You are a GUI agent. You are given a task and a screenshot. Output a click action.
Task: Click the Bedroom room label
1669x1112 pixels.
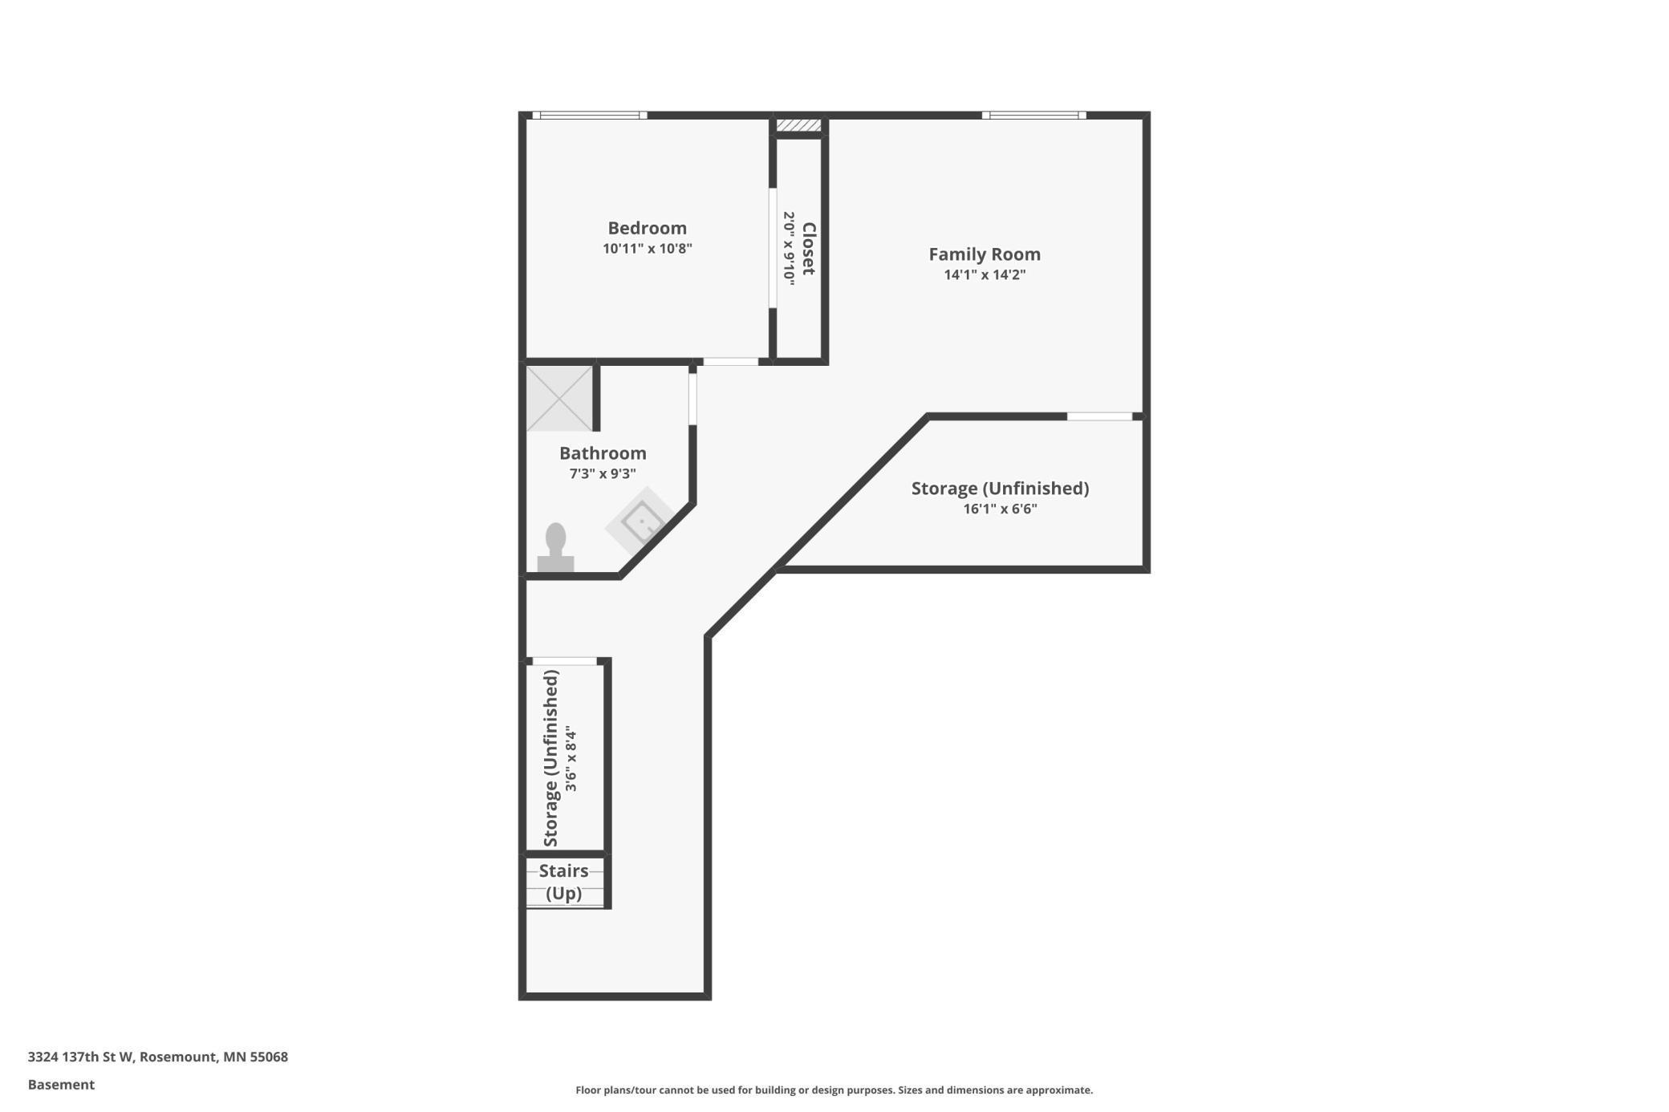tap(647, 228)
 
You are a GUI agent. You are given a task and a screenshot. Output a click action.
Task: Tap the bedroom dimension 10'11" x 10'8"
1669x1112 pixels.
tap(647, 249)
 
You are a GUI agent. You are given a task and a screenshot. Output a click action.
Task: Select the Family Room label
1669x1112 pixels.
tap(984, 254)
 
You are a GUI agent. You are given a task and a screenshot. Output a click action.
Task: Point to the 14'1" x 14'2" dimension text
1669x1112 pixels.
tap(984, 275)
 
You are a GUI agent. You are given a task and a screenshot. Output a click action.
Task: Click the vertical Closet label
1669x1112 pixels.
tap(809, 249)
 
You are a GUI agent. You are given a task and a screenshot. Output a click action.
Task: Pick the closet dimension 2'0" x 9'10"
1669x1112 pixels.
tap(789, 249)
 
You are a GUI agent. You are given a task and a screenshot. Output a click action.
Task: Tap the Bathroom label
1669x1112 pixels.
tap(603, 453)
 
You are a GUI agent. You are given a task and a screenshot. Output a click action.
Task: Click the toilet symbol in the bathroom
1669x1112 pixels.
tap(555, 549)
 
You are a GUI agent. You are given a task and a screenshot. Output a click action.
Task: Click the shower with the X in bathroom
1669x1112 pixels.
tap(559, 399)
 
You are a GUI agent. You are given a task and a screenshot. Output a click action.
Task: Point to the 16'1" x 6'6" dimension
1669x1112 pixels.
tap(1000, 509)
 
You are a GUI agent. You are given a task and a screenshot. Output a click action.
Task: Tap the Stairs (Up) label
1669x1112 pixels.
tap(563, 882)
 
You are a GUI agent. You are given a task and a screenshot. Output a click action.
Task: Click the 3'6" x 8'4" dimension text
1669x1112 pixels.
tap(571, 759)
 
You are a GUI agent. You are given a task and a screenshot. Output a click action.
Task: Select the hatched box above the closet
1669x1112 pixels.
tap(798, 125)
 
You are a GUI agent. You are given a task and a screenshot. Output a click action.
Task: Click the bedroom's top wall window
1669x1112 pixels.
tap(590, 116)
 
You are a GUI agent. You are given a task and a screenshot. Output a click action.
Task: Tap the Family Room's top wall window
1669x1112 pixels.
tap(1033, 116)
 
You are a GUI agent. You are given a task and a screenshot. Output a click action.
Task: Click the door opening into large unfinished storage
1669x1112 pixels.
tap(1098, 416)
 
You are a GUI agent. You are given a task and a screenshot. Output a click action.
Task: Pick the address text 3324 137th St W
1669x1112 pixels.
tap(157, 1057)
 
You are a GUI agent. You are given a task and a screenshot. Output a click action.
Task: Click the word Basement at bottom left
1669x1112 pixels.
tap(61, 1085)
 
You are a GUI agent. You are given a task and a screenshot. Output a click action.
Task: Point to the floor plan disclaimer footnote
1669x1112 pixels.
tap(834, 1090)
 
